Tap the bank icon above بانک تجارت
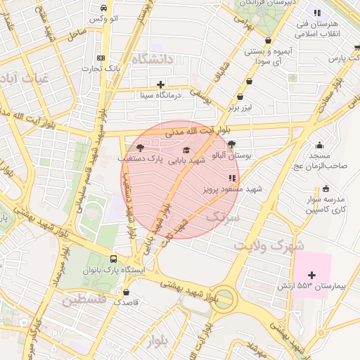(102, 58)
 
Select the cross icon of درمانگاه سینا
(161, 84)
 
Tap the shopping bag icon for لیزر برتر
(241, 97)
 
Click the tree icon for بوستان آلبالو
(232, 143)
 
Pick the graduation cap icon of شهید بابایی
(186, 150)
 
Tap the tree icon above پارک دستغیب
(139, 148)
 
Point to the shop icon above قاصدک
(126, 291)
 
